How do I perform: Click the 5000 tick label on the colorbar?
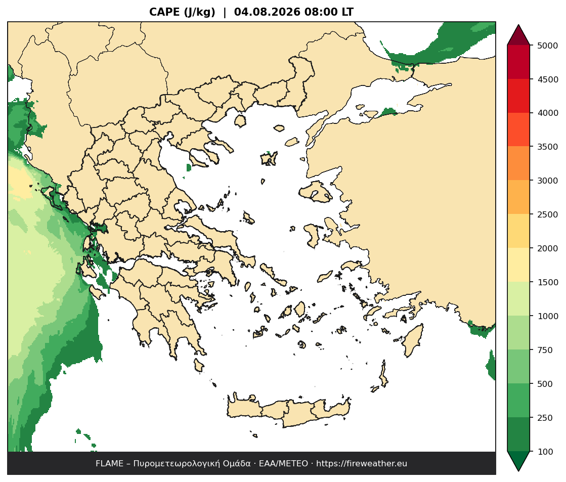(548, 46)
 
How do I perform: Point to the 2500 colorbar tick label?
(548, 214)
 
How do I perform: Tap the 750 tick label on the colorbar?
(545, 350)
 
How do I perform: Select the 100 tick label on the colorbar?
(545, 452)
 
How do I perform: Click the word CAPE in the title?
(164, 12)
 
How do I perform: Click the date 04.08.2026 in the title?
(267, 12)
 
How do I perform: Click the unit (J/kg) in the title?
(199, 12)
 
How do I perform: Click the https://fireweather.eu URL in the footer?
(362, 464)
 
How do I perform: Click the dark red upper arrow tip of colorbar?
(518, 25)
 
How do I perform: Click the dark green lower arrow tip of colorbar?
(518, 470)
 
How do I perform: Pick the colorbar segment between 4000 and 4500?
(518, 96)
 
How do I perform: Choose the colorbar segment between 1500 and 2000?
(518, 265)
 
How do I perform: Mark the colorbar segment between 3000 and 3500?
(518, 163)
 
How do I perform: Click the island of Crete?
(289, 412)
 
